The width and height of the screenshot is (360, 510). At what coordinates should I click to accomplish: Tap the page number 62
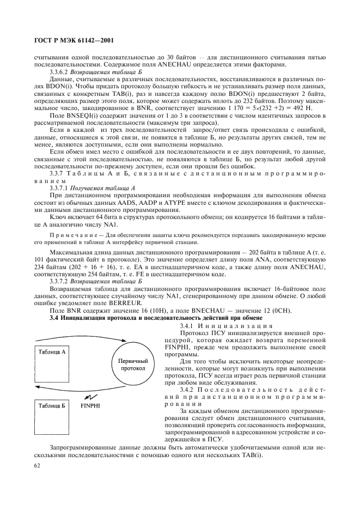click(x=38, y=465)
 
